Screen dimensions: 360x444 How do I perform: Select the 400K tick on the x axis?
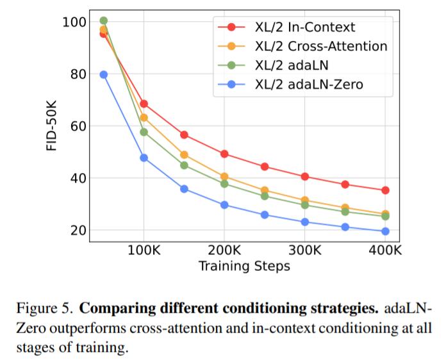coord(385,250)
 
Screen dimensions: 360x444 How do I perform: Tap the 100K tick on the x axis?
coord(144,250)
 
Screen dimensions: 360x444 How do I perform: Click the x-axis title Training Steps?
coord(244,265)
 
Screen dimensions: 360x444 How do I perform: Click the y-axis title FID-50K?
coord(53,127)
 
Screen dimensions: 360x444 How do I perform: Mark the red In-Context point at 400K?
coord(385,190)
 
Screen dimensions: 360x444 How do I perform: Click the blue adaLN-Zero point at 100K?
coord(144,158)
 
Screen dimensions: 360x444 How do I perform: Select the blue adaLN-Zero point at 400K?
coord(385,231)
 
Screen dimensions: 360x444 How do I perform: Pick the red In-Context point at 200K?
coord(224,154)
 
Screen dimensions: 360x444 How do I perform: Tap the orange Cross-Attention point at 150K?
coord(185,155)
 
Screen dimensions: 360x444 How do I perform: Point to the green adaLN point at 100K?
coord(144,132)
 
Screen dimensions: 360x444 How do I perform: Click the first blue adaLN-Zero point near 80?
coord(104,75)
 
